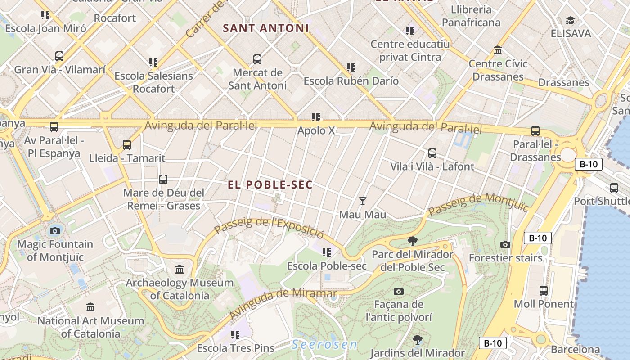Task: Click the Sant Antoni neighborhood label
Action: (266, 28)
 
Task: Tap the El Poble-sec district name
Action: (270, 185)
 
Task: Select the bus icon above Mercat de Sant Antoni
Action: (257, 59)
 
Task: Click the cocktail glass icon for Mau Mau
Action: (363, 201)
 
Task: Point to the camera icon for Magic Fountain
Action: (55, 231)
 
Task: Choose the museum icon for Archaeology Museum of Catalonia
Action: (180, 270)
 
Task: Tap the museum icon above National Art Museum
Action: (90, 307)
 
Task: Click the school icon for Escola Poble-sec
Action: (327, 252)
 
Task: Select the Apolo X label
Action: (316, 130)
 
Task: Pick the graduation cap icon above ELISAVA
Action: (571, 20)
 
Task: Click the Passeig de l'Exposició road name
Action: (269, 228)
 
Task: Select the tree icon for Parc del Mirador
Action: (412, 241)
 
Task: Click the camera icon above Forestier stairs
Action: (505, 245)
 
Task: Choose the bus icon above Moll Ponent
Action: (544, 291)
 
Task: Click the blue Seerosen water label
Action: (324, 345)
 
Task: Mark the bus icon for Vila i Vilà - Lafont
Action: (432, 153)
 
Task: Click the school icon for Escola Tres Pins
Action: (235, 335)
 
